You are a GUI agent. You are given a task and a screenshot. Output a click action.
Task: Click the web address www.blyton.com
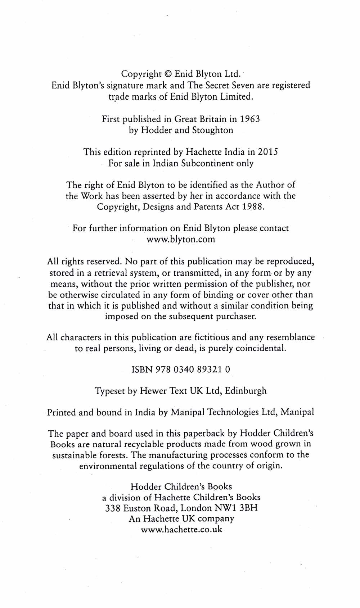click(x=181, y=239)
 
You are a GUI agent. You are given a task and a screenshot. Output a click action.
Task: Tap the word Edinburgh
click(x=246, y=391)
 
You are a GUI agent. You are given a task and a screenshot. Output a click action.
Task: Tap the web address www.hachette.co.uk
click(x=181, y=529)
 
